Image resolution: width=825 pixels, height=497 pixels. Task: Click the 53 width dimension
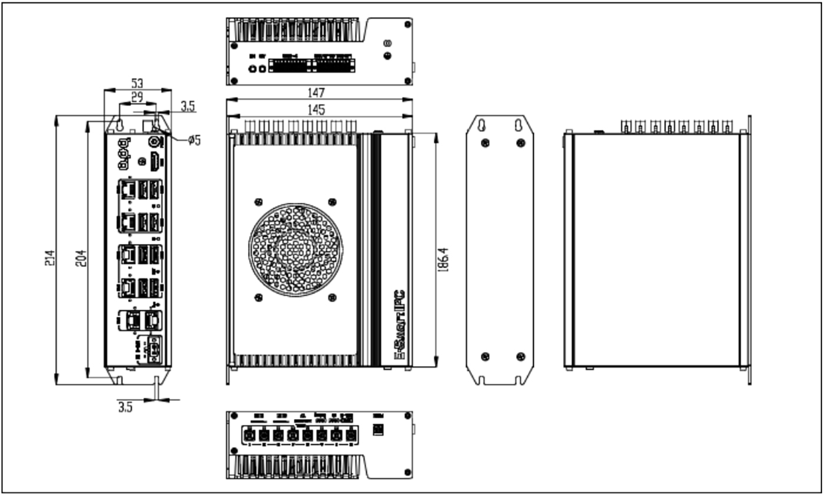(x=137, y=83)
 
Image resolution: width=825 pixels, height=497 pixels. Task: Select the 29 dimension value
(x=137, y=98)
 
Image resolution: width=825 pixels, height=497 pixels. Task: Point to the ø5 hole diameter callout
(x=194, y=140)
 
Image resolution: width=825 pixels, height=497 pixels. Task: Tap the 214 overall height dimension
(x=50, y=258)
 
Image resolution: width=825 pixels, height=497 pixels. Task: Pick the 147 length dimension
(x=319, y=93)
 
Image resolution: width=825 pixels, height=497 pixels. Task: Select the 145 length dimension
(x=319, y=110)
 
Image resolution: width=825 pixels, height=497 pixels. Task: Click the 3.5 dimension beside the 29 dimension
(x=187, y=107)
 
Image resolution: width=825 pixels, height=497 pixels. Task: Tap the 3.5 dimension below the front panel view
(x=125, y=407)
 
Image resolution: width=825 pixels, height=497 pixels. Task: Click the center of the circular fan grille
(x=295, y=250)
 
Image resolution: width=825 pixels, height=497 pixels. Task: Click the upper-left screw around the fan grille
(x=258, y=202)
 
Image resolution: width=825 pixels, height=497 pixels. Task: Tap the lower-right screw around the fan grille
(x=332, y=297)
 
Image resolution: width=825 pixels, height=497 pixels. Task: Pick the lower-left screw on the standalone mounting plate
(x=485, y=356)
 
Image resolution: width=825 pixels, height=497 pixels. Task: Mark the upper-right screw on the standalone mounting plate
(x=520, y=143)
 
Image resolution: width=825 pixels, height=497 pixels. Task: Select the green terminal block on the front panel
(x=155, y=349)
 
